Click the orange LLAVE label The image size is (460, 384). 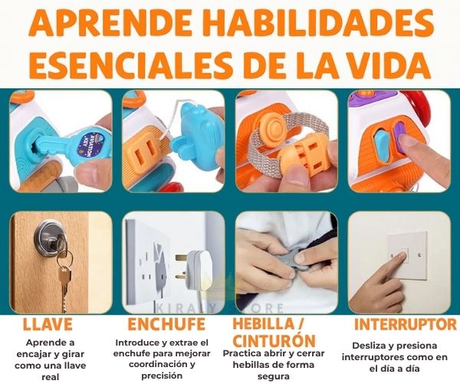point(48,324)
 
